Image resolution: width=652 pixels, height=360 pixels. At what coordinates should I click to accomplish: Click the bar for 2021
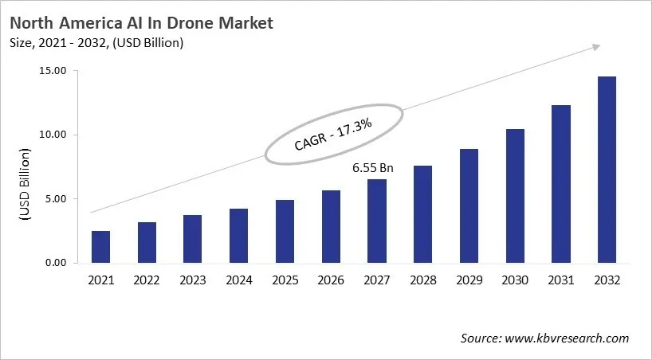(101, 247)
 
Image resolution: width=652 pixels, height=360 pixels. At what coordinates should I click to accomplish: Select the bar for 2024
(239, 236)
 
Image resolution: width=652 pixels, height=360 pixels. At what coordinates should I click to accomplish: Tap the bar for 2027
(377, 221)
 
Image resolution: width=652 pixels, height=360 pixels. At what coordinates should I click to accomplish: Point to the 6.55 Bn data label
(373, 169)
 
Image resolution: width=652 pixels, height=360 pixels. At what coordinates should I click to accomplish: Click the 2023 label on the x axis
(193, 280)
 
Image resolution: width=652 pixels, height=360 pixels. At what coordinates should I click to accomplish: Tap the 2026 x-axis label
(331, 280)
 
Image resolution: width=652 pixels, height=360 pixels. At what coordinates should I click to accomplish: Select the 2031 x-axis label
(560, 280)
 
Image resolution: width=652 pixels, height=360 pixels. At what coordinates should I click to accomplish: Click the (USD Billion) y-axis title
(24, 185)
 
